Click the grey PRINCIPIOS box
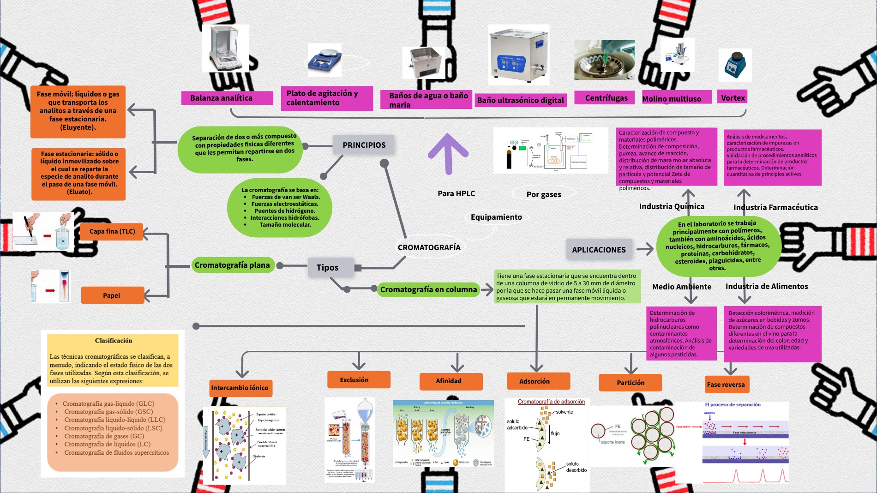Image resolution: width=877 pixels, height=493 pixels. [364, 145]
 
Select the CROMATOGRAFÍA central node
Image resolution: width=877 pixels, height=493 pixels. [429, 247]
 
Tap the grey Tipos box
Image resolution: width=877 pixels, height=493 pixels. [327, 268]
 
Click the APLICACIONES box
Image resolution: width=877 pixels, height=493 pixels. [599, 250]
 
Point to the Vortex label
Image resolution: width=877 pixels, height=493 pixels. [733, 98]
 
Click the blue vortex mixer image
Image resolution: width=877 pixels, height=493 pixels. [735, 66]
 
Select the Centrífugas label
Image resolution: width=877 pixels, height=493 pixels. [606, 98]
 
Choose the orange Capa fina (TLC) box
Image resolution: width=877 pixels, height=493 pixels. [112, 231]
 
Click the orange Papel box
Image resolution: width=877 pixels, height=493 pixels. [112, 295]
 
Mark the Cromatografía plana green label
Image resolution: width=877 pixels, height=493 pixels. [232, 265]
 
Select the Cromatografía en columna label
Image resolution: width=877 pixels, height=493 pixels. [428, 289]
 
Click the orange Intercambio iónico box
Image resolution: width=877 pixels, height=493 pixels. [240, 388]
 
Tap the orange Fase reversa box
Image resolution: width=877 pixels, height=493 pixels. [726, 385]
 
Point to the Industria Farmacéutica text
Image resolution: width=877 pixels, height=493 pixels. [775, 207]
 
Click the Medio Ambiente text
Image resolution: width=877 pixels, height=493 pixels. [681, 287]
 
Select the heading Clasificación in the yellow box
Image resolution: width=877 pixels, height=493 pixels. [114, 341]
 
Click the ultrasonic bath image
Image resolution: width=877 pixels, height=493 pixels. [518, 54]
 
